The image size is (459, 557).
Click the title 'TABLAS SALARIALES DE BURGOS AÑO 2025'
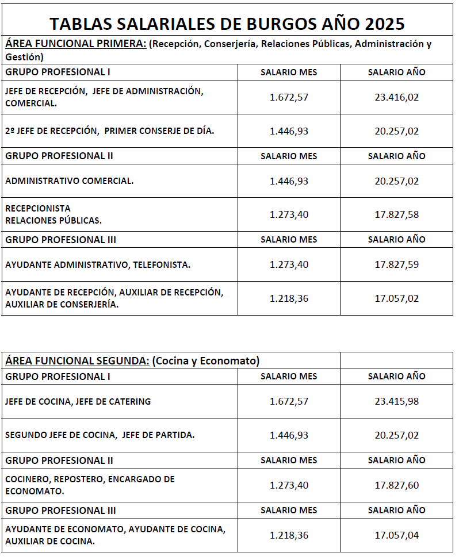pos(227,24)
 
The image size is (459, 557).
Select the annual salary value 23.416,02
pos(396,97)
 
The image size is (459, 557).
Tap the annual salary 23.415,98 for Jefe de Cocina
pos(396,401)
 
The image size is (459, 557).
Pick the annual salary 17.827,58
pos(396,214)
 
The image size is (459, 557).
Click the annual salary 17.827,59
pos(396,264)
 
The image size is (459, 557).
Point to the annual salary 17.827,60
pos(396,485)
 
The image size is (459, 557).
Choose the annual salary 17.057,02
pos(396,298)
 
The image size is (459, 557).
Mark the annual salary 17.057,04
pos(396,535)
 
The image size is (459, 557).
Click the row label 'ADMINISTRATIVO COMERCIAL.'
pos(69,180)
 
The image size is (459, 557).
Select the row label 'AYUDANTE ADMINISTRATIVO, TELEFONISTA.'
pos(97,264)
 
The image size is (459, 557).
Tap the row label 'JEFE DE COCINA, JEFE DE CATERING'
pos(78,401)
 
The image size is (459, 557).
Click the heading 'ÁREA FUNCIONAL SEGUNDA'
pos(77,360)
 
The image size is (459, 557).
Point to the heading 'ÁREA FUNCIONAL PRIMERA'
pos(75,44)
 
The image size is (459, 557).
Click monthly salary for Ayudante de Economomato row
pos(289,535)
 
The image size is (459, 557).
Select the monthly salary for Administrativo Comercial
pos(289,181)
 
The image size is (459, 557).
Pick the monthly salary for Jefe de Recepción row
pos(289,97)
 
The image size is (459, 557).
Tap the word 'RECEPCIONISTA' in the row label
pos(38,208)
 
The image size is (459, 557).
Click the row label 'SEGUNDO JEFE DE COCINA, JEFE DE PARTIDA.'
pos(100,435)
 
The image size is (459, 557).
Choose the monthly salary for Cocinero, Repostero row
pos(289,485)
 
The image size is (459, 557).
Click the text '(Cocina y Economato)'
pos(205,360)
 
